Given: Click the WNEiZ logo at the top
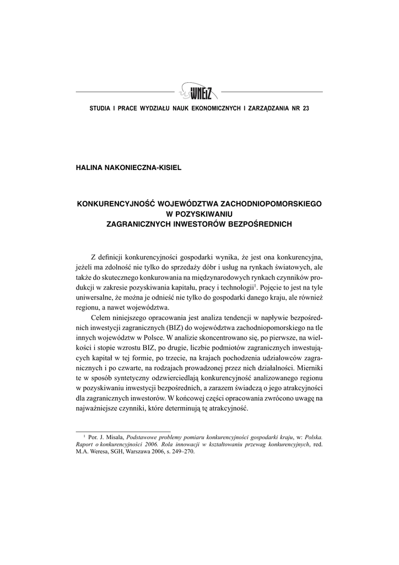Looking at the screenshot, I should [198, 90].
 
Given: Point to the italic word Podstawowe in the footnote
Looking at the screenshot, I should [142, 436].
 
